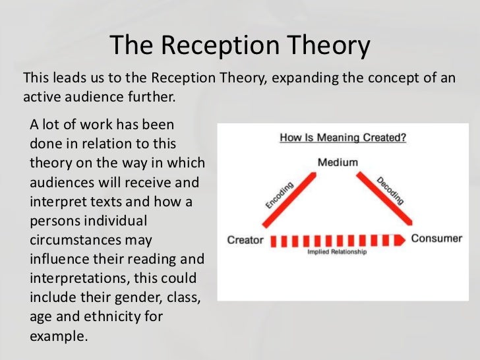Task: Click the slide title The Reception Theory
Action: click(240, 45)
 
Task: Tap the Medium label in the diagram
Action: click(338, 162)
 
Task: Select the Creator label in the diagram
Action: click(245, 239)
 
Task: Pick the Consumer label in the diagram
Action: click(437, 239)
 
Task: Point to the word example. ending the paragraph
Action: click(59, 335)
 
